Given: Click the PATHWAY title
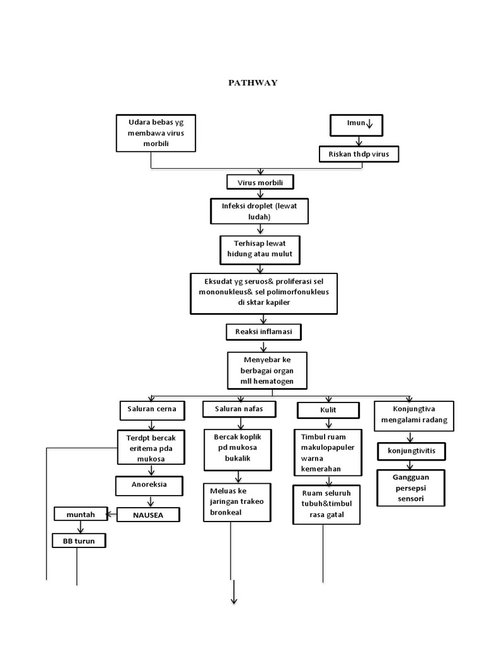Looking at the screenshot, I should coord(252,83).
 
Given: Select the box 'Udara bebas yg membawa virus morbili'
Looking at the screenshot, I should coord(156,133).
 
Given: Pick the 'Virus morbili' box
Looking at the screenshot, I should coord(260,183).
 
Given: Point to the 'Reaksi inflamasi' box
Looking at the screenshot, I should coord(260,331).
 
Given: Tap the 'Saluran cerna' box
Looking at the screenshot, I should coord(153,409).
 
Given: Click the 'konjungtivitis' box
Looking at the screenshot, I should coord(411,452).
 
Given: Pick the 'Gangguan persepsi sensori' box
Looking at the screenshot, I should coord(410,488).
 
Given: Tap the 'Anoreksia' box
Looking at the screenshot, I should coord(149,486).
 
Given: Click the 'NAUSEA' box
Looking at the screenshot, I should coord(148,515).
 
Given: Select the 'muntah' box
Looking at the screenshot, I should coord(81,515).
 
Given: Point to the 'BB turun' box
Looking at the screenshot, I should coord(78,540).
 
